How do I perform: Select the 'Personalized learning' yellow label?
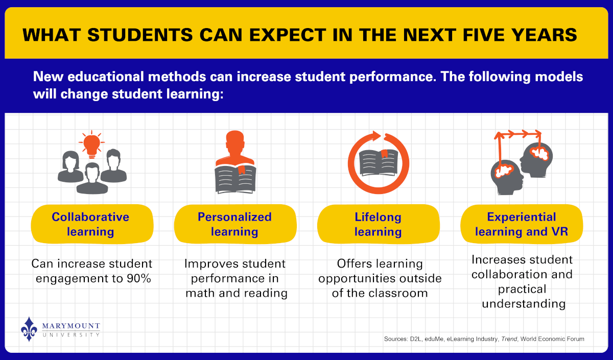(x=234, y=224)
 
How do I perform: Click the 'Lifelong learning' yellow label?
(x=378, y=224)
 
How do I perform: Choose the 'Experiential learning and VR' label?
(x=522, y=224)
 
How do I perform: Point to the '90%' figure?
(x=138, y=278)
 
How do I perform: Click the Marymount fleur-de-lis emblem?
(x=29, y=329)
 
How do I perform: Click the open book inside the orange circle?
(x=378, y=162)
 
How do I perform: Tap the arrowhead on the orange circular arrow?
(x=376, y=136)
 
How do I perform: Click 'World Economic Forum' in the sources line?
(x=555, y=339)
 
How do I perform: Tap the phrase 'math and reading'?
(x=236, y=293)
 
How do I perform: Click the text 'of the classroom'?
(x=378, y=293)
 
